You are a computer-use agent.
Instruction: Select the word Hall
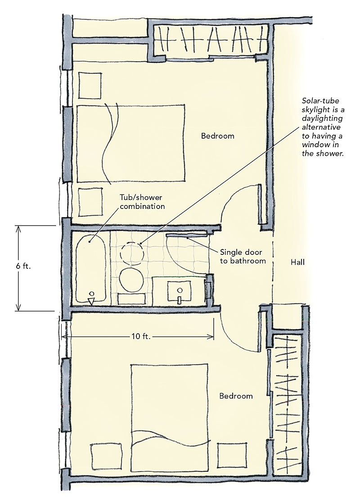pos(297,261)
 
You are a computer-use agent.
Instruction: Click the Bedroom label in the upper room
pos(217,136)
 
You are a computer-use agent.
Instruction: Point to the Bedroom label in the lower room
pos(236,396)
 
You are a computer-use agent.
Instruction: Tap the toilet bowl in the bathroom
pos(132,279)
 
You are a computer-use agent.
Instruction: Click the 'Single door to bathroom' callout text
pos(243,256)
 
